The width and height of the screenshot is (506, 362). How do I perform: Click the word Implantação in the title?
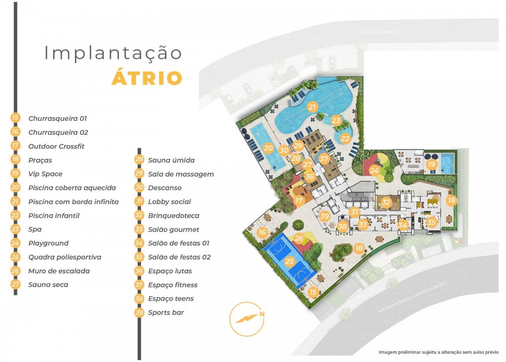113,53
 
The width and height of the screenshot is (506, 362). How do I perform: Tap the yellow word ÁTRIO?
147,78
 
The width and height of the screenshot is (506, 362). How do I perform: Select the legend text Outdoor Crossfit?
56,146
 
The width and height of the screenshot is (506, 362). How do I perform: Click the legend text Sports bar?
166,312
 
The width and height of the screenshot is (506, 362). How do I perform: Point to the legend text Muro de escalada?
59,271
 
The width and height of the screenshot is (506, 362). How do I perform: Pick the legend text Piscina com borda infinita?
73,202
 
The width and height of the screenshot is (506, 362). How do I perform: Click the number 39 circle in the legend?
139,312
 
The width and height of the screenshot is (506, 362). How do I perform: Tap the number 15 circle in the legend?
15,118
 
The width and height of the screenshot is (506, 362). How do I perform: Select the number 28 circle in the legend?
139,160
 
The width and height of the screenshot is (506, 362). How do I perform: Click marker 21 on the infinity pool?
312,107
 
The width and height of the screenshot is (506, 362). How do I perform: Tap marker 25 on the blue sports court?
289,262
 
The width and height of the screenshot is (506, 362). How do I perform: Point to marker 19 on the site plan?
431,165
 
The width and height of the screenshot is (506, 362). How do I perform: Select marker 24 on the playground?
374,171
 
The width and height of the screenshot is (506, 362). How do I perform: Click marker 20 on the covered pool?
268,149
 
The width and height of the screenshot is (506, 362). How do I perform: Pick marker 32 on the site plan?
386,202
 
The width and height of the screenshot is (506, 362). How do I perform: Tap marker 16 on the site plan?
262,232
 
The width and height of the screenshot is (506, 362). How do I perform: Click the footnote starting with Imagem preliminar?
438,351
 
